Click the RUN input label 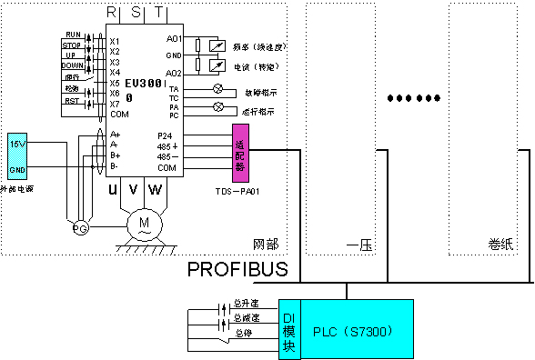click(x=73, y=35)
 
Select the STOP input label click(x=71, y=44)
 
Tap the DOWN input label click(x=72, y=65)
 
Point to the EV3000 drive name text click(x=144, y=85)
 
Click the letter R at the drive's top click(x=112, y=13)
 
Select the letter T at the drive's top click(x=160, y=13)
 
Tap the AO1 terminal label click(x=176, y=39)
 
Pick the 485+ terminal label click(x=167, y=146)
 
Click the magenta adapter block click(x=240, y=155)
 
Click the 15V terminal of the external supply click(x=17, y=144)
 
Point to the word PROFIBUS click(x=237, y=270)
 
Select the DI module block click(x=289, y=330)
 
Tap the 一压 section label click(x=357, y=245)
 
